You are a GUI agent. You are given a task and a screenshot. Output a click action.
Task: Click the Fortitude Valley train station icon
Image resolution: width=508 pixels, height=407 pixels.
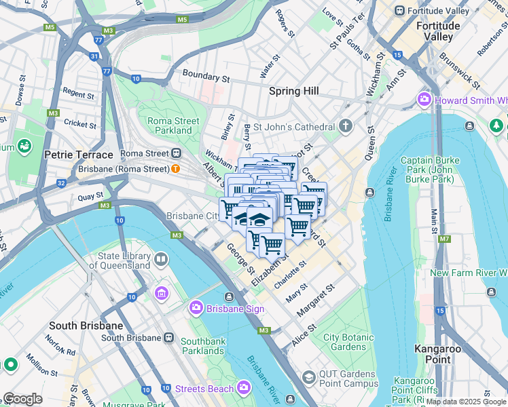[400, 11]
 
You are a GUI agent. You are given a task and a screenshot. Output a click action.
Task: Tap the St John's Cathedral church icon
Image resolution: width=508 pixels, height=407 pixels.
[346, 127]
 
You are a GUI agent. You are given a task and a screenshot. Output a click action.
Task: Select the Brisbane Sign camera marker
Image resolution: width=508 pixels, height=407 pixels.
[196, 308]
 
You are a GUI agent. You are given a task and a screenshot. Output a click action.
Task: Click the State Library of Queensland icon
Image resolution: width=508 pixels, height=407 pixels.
[161, 259]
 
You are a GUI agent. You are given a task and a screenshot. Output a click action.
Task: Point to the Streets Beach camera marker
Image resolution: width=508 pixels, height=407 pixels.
[243, 388]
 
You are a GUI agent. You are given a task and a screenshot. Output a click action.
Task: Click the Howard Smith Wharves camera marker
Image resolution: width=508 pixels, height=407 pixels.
[425, 100]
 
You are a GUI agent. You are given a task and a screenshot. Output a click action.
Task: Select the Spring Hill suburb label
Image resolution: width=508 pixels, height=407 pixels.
[293, 91]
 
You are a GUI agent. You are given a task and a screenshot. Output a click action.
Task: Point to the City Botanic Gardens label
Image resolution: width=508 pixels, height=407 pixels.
[348, 342]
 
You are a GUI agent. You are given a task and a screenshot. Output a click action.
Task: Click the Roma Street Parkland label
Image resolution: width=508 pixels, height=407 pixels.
[174, 125]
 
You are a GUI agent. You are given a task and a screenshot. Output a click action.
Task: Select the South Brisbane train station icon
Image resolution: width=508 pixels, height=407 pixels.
[168, 337]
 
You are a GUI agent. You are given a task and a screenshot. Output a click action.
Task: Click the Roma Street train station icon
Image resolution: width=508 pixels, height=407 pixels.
[176, 153]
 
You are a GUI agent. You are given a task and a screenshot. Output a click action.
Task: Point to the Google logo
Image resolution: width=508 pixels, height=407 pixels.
[22, 399]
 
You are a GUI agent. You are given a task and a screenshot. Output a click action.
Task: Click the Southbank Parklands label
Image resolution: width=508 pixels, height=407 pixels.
[202, 346]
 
